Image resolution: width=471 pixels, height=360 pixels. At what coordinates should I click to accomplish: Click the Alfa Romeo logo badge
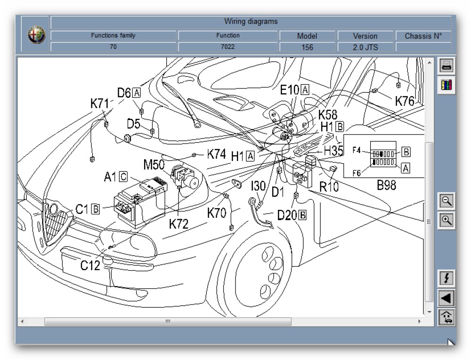[x=36, y=35]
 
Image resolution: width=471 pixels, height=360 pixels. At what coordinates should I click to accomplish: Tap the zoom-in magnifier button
[x=447, y=220]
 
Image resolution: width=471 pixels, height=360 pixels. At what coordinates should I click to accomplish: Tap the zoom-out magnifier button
[x=447, y=201]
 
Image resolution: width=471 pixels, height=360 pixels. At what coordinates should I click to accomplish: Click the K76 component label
[x=405, y=101]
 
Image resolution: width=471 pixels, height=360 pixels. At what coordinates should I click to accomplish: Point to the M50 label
[x=154, y=164]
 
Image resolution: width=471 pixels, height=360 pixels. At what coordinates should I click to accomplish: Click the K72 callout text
[x=179, y=224]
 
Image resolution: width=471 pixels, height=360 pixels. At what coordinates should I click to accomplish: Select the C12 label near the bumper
[x=90, y=266]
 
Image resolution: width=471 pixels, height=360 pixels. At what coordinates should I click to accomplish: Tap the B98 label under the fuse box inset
[x=386, y=185]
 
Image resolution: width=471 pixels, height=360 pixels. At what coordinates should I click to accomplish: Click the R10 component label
[x=329, y=187]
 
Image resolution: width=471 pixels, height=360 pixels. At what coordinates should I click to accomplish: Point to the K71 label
[x=100, y=104]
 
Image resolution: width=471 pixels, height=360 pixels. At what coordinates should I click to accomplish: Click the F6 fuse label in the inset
[x=357, y=173]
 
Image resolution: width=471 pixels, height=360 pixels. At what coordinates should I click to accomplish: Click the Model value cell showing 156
[x=307, y=47]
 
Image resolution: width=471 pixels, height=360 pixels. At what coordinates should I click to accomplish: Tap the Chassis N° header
[x=423, y=36]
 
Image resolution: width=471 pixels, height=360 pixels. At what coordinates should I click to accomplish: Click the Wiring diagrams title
[x=251, y=22]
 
